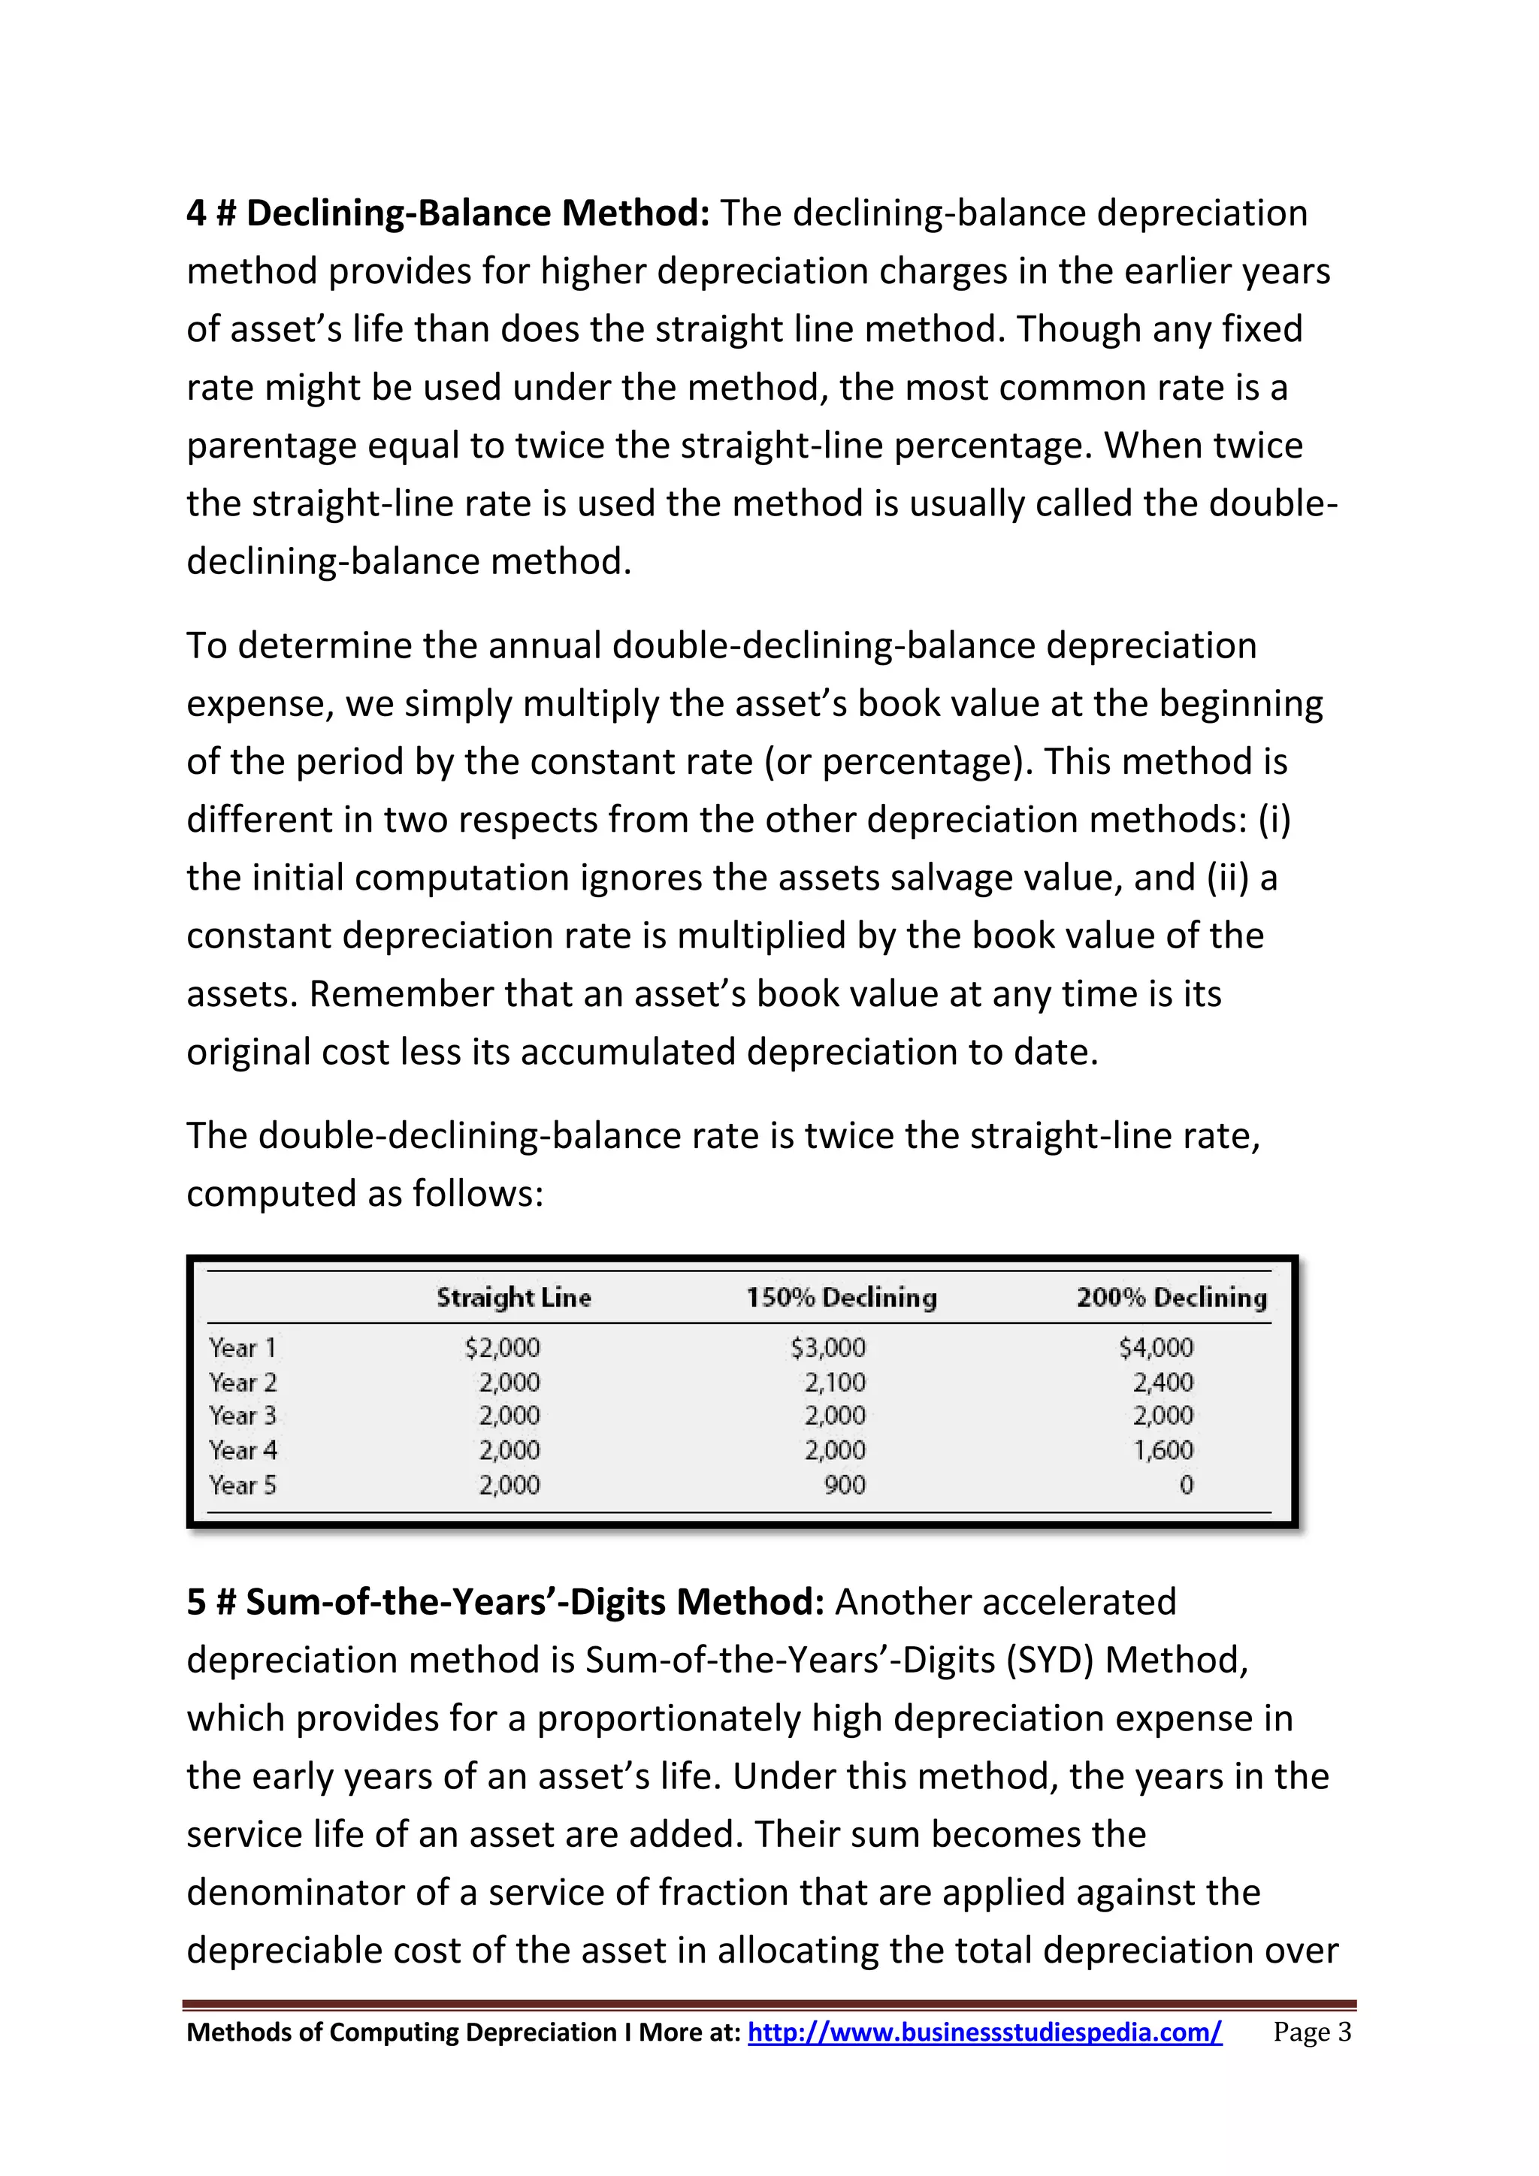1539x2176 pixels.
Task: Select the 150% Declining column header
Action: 841,1298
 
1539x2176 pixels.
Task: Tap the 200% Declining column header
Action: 1172,1298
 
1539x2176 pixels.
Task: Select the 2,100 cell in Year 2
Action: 835,1382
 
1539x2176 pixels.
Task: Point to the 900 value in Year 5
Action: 845,1484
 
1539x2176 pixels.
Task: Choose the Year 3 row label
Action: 243,1416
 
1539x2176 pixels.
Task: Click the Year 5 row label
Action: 243,1484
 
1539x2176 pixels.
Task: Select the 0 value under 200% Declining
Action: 1186,1484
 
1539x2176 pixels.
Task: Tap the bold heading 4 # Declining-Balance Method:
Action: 447,213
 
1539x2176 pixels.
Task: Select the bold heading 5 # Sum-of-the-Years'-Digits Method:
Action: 505,1602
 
